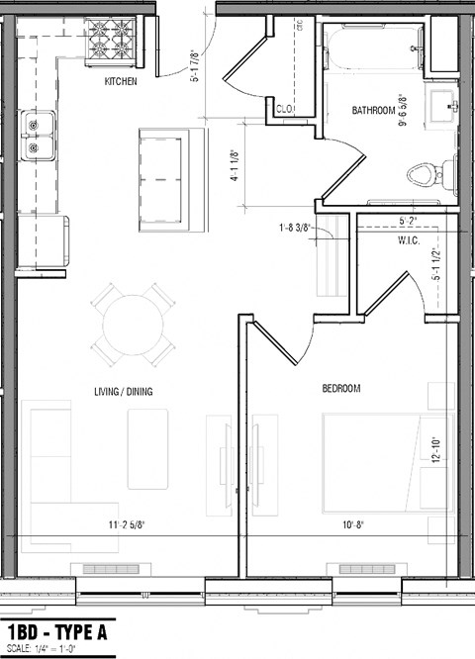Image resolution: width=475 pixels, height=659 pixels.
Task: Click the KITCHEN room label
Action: (120, 82)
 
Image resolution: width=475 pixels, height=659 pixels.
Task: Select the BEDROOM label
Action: (340, 389)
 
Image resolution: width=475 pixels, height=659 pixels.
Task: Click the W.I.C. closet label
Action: (411, 239)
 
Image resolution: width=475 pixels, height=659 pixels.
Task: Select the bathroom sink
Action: (442, 102)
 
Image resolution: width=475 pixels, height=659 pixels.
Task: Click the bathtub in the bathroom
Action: (372, 47)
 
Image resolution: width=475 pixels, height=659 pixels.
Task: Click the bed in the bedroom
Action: (386, 463)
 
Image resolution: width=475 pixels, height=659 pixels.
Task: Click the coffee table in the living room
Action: (147, 449)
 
